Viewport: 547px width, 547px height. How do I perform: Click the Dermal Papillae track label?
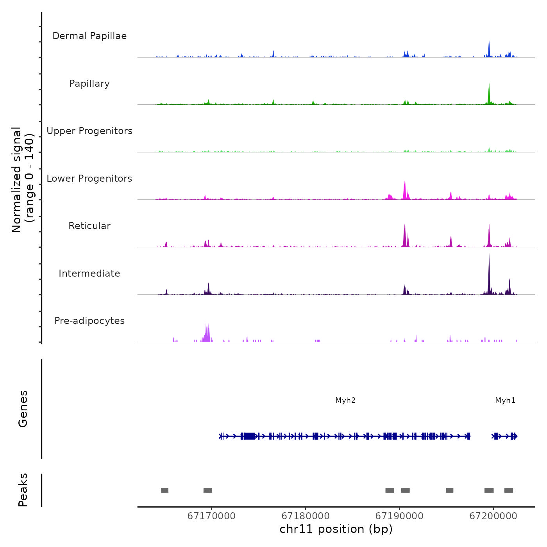[x=89, y=36]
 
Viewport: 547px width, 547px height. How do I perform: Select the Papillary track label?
[x=89, y=84]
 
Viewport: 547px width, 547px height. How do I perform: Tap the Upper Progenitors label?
[x=89, y=131]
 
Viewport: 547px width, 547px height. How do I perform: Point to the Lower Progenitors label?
[x=89, y=179]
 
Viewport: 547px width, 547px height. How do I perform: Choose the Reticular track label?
[x=89, y=226]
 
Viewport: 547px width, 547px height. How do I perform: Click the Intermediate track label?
[x=89, y=273]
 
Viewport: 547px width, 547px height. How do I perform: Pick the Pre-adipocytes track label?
[x=89, y=321]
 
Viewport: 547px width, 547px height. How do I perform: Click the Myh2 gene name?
[x=345, y=400]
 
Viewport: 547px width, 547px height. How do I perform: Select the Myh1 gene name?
[x=505, y=400]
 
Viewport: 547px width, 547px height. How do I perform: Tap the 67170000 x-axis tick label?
[x=211, y=516]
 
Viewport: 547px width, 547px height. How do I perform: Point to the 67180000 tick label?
[x=306, y=516]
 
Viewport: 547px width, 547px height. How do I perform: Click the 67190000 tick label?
[x=399, y=516]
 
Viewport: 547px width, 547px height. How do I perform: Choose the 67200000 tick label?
[x=493, y=516]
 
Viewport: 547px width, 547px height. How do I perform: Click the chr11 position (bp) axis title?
[x=336, y=529]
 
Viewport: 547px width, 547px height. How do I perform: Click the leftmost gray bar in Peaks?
[x=164, y=490]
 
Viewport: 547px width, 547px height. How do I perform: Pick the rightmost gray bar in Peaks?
[x=508, y=490]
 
